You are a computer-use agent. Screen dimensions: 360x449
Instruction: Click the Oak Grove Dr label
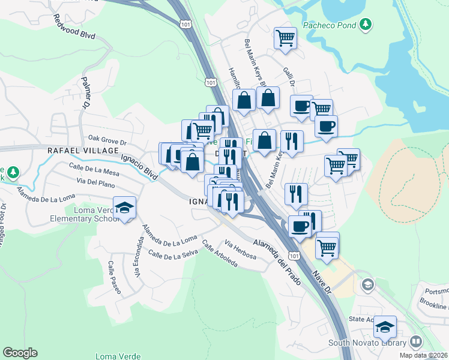point(108,142)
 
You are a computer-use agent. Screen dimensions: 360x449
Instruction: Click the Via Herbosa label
point(240,250)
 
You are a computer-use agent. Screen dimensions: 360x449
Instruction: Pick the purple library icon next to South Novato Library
point(416,343)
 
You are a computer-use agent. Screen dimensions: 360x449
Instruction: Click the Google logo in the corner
point(20,353)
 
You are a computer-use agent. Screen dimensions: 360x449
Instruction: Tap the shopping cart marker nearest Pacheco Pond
point(285,38)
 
